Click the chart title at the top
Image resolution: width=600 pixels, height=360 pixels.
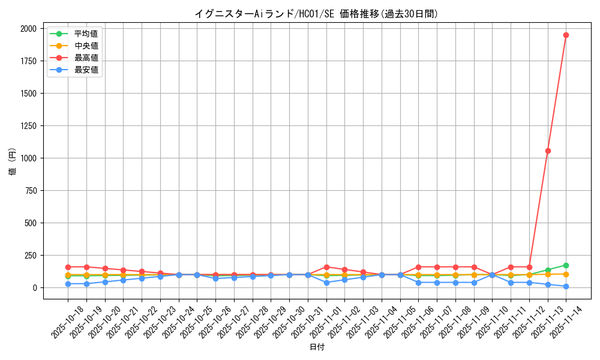[316, 14]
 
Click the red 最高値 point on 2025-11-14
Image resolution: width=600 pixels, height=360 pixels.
[566, 35]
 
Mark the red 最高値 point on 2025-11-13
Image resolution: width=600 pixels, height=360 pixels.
[548, 151]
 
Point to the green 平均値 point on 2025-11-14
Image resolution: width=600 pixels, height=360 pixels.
[566, 265]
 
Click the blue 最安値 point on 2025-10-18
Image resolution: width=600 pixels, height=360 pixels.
[68, 284]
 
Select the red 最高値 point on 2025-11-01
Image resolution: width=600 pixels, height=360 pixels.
[326, 267]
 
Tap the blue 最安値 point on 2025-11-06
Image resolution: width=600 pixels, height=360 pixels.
[418, 283]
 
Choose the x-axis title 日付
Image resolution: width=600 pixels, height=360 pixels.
[317, 347]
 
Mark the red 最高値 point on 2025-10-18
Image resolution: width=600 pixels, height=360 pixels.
[68, 267]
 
